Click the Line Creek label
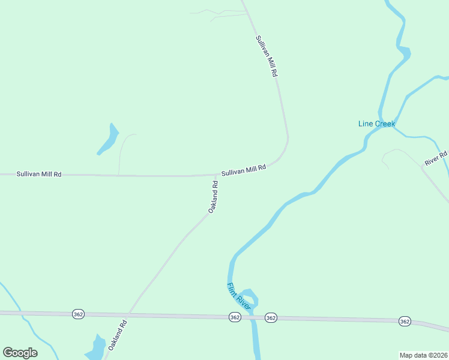coord(376,124)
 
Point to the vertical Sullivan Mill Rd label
coord(267,56)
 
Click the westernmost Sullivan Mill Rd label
coord(39,174)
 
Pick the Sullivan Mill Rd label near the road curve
coord(243,171)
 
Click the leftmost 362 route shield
coord(77,314)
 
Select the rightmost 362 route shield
coord(405,322)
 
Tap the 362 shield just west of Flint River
coord(235,317)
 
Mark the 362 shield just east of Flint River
coord(271,317)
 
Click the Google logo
coord(20,353)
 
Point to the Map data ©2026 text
coord(423,355)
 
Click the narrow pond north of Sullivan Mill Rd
coord(109,140)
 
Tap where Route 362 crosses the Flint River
coord(253,317)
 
